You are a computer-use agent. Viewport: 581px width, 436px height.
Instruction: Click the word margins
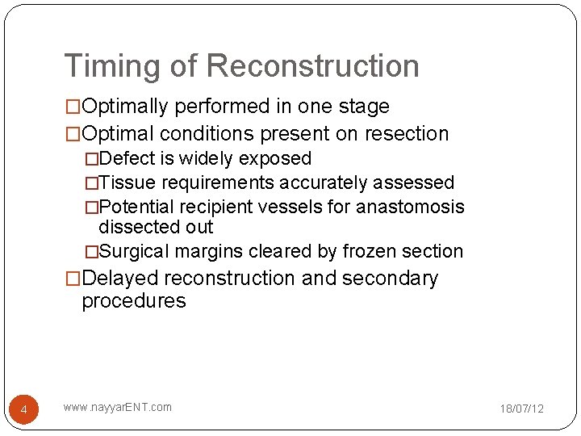(x=215, y=252)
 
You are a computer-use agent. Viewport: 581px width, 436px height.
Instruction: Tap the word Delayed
(x=120, y=279)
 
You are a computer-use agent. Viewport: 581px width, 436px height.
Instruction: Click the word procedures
(x=133, y=302)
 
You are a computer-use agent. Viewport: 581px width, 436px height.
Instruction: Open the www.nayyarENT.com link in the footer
(x=118, y=407)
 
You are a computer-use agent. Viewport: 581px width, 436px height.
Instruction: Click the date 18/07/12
(x=521, y=409)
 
